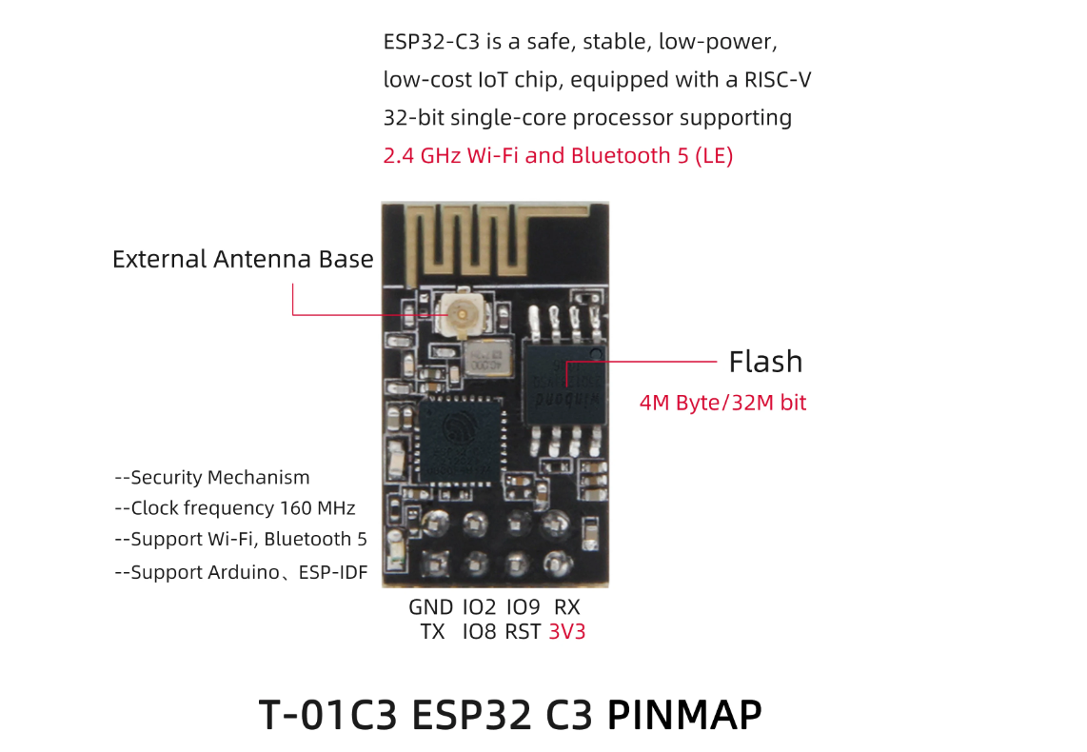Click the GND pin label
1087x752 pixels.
[431, 607]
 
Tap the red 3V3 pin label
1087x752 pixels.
[567, 631]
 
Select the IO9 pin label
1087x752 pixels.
[524, 607]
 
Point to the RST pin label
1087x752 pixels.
[523, 631]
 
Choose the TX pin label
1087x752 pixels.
[432, 631]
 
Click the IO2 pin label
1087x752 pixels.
[479, 607]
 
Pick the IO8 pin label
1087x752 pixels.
[479, 631]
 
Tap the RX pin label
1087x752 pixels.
[567, 607]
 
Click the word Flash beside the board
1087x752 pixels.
[765, 362]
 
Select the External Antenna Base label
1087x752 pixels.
[243, 259]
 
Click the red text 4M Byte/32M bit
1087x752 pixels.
[722, 403]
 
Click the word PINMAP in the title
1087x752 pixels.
[684, 714]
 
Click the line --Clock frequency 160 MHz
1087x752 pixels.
[234, 508]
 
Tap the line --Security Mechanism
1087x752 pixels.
[211, 478]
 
